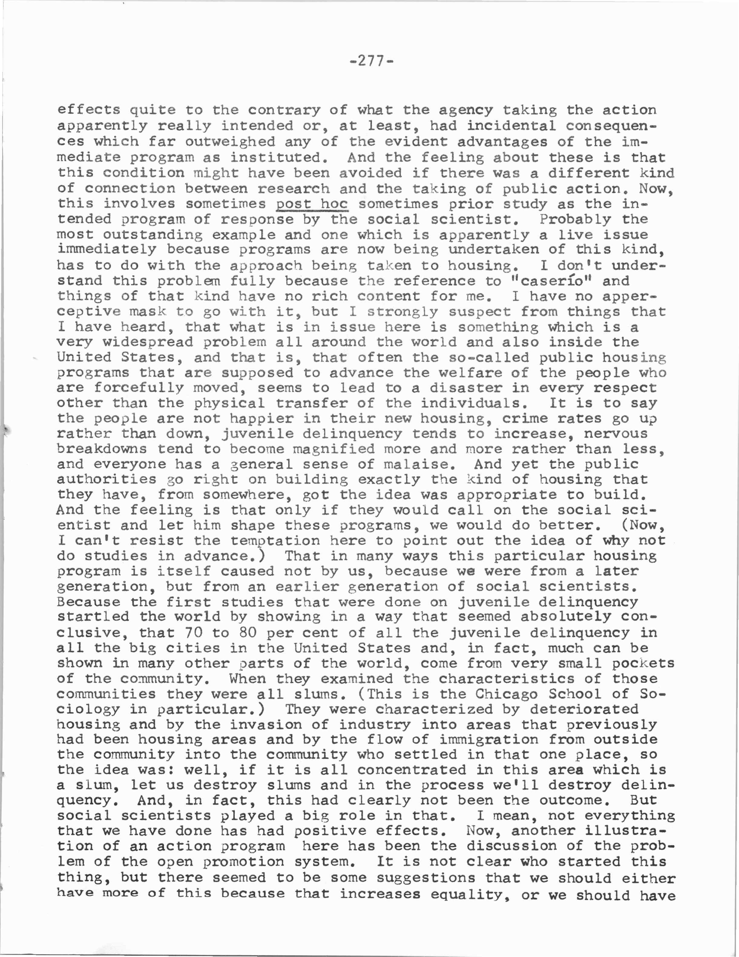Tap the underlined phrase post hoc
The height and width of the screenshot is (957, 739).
pyautogui.click(x=312, y=204)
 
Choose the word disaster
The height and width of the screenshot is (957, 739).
pyautogui.click(x=465, y=388)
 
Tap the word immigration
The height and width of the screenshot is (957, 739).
pyautogui.click(x=488, y=740)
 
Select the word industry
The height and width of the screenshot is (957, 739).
pyautogui.click(x=375, y=724)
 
